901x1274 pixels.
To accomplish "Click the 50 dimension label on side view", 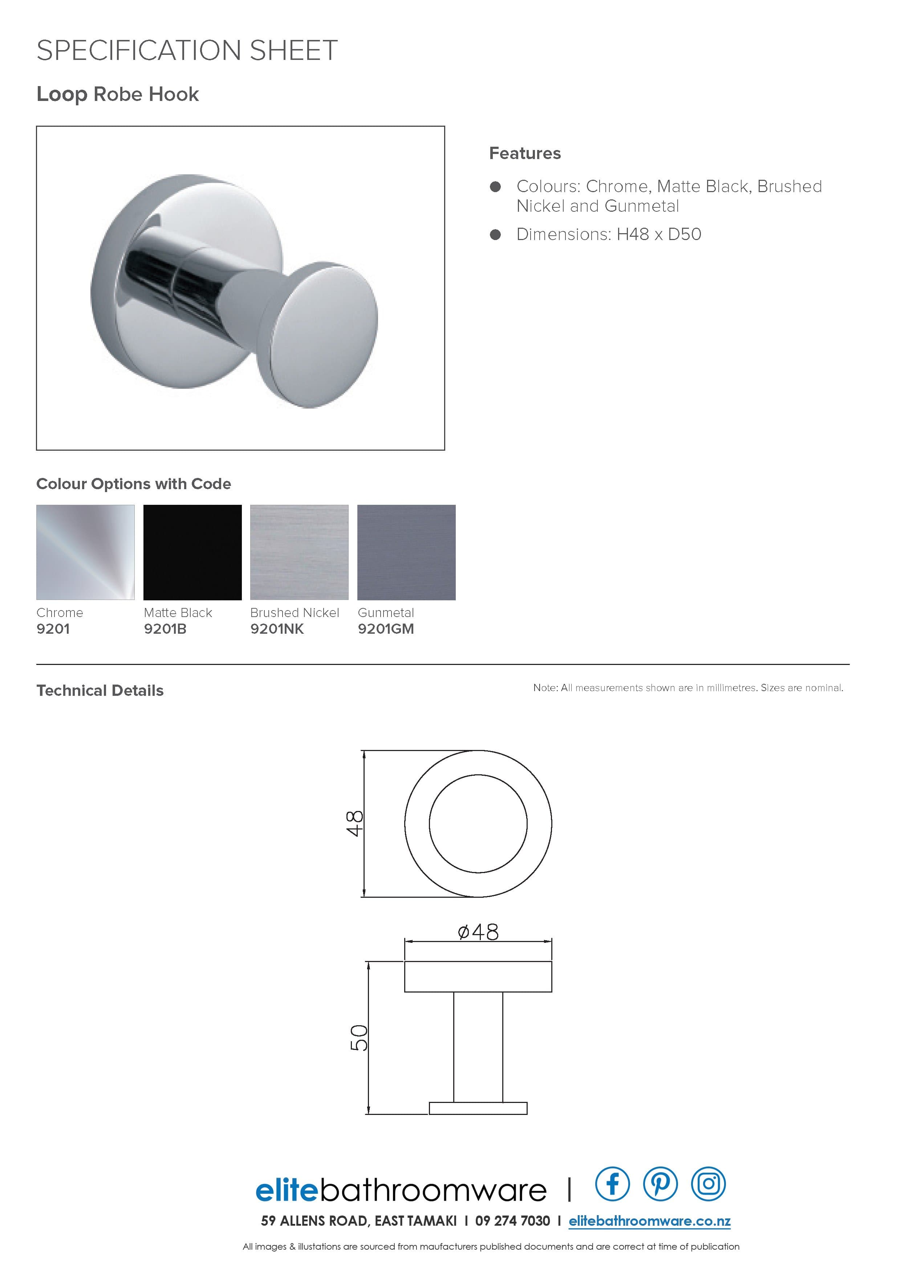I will click(359, 1037).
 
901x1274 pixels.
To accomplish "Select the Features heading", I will click(524, 153).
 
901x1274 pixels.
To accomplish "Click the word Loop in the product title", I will click(62, 94).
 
